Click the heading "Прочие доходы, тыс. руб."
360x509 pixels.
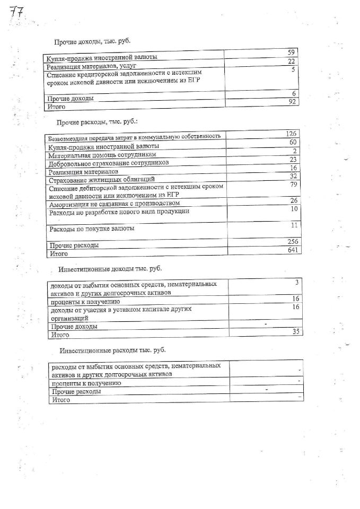(92, 41)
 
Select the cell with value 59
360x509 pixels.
(291, 52)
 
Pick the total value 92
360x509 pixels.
(291, 102)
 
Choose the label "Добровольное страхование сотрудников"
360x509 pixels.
(108, 163)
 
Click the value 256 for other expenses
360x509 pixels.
(294, 241)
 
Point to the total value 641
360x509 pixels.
(294, 250)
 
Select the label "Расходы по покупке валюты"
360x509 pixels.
(91, 229)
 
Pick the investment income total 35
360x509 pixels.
(295, 331)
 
